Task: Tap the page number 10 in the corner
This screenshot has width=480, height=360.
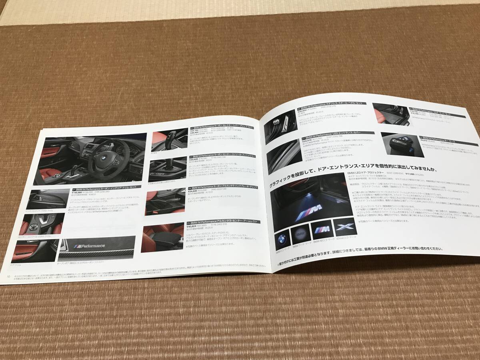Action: pos(8,276)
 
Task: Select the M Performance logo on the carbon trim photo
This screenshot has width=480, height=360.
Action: pos(91,245)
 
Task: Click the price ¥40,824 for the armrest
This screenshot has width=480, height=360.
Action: pos(194,226)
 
